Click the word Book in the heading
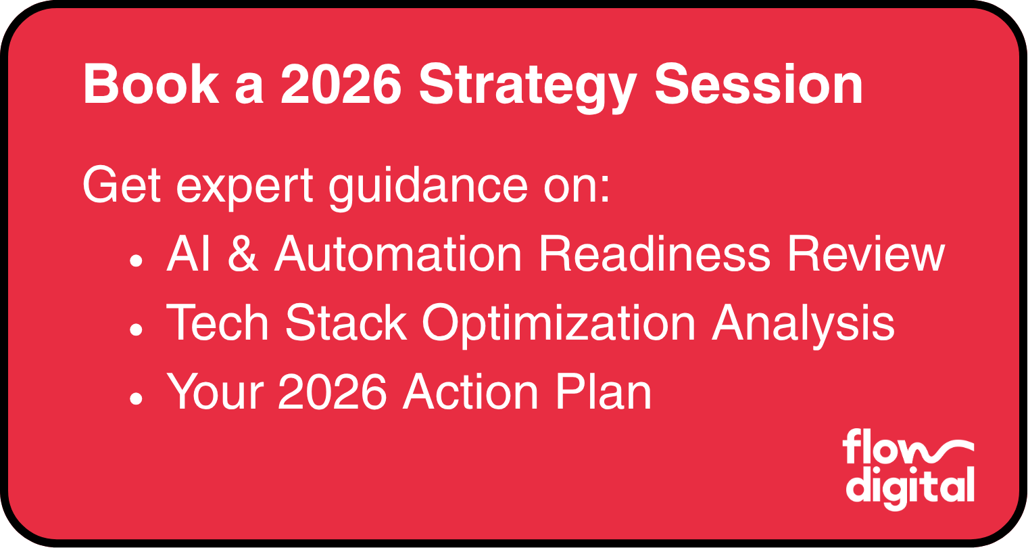[x=151, y=86]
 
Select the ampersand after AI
[x=243, y=254]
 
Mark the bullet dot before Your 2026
[x=136, y=399]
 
